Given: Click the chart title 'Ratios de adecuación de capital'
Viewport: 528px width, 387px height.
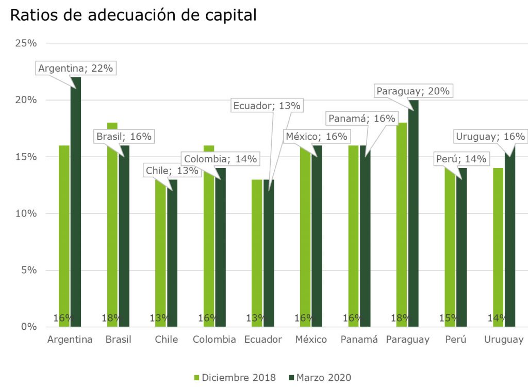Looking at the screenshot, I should click(133, 15).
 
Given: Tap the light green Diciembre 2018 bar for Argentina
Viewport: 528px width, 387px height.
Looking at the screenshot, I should click(64, 232).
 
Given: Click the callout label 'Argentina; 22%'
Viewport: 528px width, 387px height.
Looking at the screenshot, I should click(75, 69).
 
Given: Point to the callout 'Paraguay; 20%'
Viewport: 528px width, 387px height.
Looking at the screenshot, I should click(413, 91).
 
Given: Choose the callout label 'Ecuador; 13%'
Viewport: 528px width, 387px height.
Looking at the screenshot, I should click(267, 106).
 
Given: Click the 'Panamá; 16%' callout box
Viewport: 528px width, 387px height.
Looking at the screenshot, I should click(362, 119).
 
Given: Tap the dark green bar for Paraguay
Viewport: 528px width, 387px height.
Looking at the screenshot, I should click(412, 216).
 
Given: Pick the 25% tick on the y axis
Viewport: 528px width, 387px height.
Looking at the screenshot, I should click(26, 43).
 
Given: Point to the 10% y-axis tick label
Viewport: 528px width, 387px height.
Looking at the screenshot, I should click(26, 213).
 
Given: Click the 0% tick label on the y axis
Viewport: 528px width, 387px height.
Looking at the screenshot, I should click(29, 327).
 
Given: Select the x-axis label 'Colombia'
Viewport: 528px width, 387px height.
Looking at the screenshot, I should click(214, 340).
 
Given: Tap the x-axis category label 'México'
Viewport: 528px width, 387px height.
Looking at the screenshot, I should click(311, 340).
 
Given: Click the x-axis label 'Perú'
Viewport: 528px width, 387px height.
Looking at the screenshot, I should click(456, 340).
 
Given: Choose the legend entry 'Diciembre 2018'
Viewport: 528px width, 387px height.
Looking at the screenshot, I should click(235, 378).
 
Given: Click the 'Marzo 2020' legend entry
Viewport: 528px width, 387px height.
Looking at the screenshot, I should click(320, 378).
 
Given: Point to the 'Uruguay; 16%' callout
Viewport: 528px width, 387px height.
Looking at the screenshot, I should click(490, 137).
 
